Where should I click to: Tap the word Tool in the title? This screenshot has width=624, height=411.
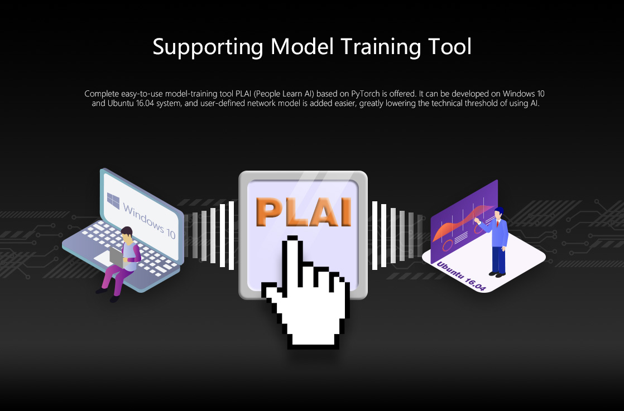tap(450, 46)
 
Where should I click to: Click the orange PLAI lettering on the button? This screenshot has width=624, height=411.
tap(304, 212)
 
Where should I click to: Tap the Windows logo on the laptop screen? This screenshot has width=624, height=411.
tap(113, 200)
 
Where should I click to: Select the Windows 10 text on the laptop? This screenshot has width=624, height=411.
tap(149, 221)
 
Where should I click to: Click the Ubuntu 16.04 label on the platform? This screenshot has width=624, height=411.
tap(461, 276)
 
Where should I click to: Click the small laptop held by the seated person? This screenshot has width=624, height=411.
tap(117, 256)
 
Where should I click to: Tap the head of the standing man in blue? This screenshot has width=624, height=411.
tap(498, 213)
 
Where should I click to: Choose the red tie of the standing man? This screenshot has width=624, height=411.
tap(497, 224)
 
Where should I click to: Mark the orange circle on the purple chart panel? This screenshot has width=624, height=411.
tap(448, 245)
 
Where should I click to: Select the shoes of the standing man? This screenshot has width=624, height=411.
tap(497, 274)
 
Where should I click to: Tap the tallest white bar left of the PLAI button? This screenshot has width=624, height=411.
tap(231, 236)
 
